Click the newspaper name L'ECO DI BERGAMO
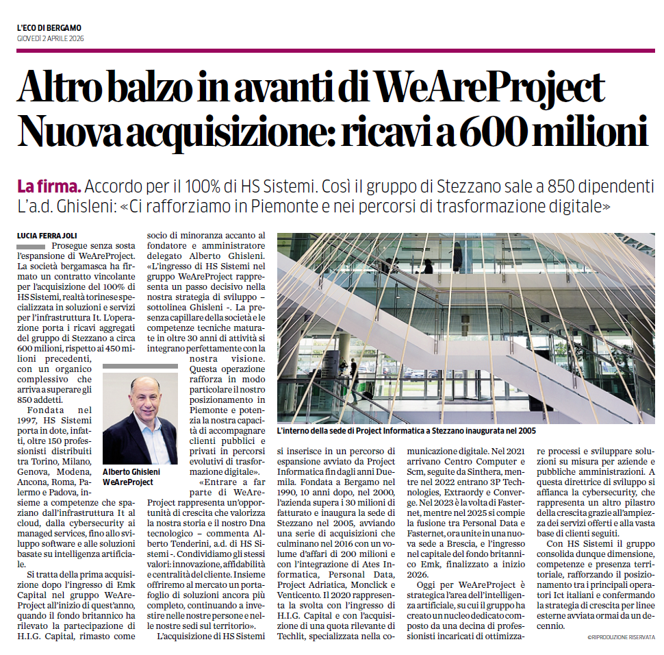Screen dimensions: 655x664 (49, 27)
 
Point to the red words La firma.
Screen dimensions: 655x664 (49, 186)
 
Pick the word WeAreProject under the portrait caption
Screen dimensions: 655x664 (128, 482)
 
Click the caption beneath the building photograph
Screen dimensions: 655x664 (406, 431)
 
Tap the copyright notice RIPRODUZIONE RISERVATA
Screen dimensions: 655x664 (621, 637)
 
